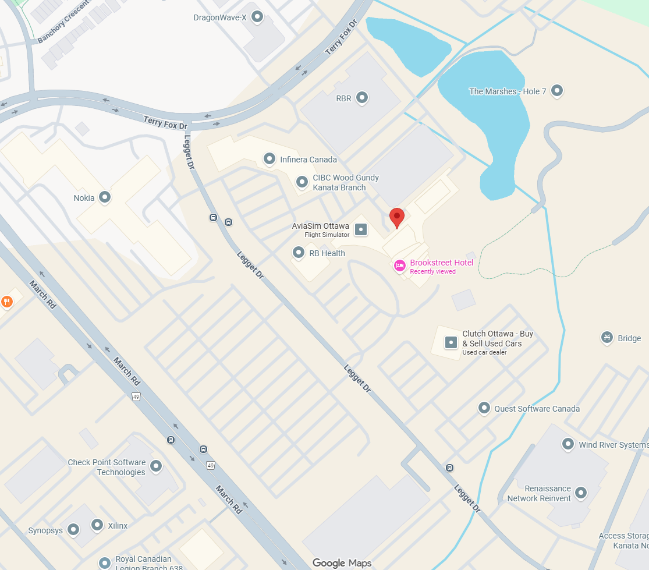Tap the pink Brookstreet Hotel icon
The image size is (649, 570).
tap(400, 265)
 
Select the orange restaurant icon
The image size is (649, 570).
tap(7, 302)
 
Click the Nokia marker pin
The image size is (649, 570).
tap(105, 197)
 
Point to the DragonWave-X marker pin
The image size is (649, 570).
tap(257, 17)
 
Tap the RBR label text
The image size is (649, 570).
tap(343, 98)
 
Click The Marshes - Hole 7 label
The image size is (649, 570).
tap(508, 91)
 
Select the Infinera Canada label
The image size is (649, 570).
tap(308, 160)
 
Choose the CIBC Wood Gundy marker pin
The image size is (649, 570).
tap(302, 182)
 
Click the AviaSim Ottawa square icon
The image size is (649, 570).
tap(361, 229)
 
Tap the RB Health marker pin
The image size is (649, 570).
tap(299, 253)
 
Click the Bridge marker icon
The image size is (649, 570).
tap(607, 338)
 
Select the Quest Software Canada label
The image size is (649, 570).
tap(537, 409)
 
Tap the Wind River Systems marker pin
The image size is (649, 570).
tap(568, 444)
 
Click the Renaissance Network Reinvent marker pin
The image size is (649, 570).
tap(581, 493)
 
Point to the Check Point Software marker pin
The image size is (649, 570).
tap(156, 466)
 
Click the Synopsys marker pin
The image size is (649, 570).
tap(73, 530)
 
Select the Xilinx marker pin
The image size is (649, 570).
tap(97, 525)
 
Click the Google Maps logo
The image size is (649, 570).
tap(341, 563)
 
